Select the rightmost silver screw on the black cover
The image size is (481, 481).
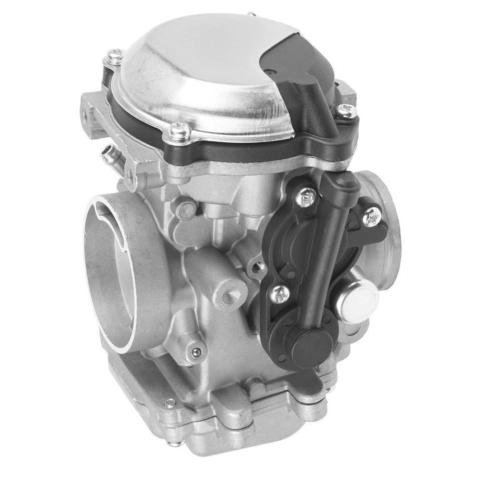(x=371, y=216)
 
